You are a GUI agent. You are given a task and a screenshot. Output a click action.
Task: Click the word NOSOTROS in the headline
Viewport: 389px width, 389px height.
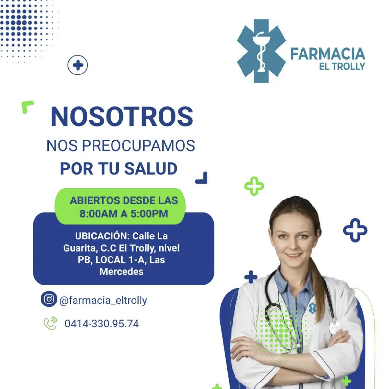[x=122, y=117]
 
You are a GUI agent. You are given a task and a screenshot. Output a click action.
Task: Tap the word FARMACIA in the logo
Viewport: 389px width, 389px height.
[x=327, y=54]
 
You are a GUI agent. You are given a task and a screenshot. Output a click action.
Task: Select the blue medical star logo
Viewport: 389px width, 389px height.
[x=261, y=51]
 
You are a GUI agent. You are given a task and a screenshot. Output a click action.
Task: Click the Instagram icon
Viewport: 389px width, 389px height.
[x=49, y=299]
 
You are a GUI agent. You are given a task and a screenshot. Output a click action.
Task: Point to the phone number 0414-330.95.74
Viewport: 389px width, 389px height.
[x=102, y=324]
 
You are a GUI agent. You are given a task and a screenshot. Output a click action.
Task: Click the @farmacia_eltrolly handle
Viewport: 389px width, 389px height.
[x=103, y=300]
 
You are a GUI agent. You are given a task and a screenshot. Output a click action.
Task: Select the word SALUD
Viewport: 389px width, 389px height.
[x=151, y=168]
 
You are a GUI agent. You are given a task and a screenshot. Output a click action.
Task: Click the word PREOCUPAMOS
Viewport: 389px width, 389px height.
[x=138, y=145]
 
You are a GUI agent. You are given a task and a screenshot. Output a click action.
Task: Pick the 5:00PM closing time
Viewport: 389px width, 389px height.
[x=149, y=214]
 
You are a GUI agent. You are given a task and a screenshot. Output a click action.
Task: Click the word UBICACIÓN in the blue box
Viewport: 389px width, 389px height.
[x=102, y=236]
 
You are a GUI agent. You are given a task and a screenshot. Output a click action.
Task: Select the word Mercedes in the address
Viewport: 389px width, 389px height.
[x=122, y=271]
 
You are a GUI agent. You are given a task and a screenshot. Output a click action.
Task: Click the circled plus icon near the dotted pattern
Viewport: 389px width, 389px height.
[x=77, y=65]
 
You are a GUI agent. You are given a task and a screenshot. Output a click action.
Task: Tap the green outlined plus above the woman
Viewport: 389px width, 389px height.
[x=254, y=186]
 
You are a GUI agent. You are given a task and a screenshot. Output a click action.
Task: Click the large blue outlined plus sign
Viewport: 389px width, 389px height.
[x=355, y=230]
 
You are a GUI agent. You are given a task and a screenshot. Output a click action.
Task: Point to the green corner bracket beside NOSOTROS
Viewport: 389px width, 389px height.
[x=26, y=105]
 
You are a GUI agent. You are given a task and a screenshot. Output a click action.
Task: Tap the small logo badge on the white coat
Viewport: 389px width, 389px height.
[x=312, y=308]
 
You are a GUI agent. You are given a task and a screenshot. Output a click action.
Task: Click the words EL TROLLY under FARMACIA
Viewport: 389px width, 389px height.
[x=342, y=66]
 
